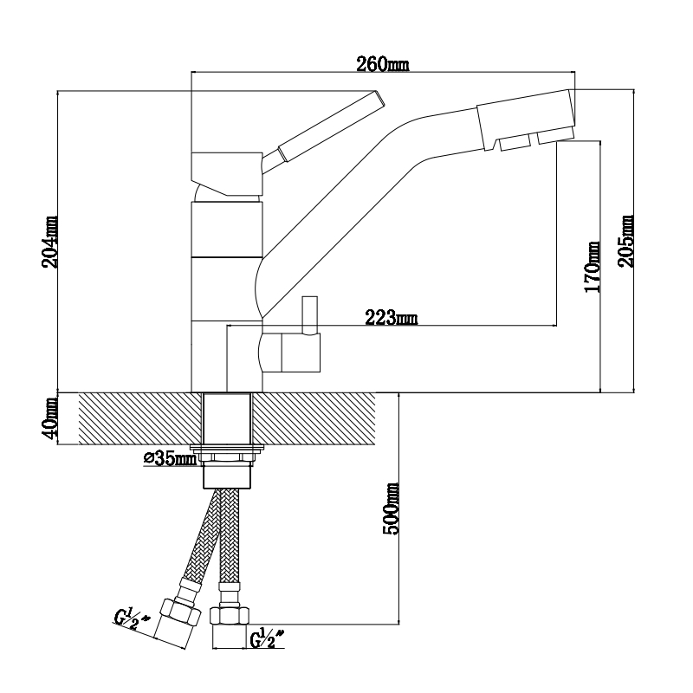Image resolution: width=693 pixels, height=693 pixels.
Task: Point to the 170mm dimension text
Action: coord(593,267)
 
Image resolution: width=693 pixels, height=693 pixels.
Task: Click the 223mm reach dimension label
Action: coord(391,319)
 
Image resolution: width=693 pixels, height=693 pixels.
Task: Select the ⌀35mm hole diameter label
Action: coord(170,457)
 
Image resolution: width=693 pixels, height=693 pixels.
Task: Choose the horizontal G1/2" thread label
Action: coord(269,642)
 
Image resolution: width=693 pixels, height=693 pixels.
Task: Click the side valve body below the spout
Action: coord(290,353)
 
